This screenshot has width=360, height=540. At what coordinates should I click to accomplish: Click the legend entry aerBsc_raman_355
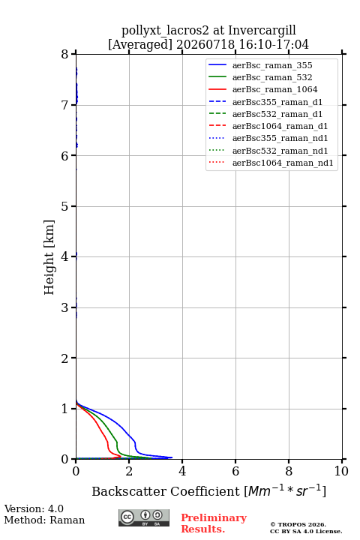272,65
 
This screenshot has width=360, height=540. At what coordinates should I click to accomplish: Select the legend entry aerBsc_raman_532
272,77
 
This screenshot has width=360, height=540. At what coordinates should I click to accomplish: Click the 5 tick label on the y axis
64,206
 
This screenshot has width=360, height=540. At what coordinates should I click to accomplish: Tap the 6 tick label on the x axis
235,471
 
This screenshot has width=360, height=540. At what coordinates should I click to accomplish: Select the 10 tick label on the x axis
342,471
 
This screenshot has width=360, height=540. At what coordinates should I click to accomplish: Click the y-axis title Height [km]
49,257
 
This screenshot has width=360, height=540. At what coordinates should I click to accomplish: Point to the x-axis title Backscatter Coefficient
165,491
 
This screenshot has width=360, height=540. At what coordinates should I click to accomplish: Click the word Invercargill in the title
262,31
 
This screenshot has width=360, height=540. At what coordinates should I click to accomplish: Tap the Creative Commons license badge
144,518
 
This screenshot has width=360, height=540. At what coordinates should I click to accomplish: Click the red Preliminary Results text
214,523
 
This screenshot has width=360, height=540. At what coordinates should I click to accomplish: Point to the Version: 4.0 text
34,509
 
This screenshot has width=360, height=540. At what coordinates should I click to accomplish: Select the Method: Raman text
44,520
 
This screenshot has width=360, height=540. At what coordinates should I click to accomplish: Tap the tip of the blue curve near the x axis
172,457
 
